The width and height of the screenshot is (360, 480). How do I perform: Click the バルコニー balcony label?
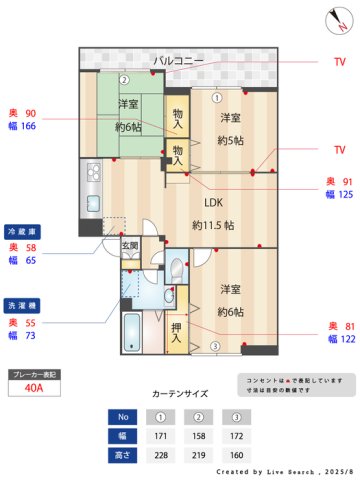(x=179, y=61)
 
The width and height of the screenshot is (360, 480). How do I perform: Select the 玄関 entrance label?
(x=130, y=244)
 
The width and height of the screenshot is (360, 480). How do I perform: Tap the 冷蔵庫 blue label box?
(x=25, y=230)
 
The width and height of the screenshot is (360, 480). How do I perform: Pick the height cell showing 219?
(x=199, y=455)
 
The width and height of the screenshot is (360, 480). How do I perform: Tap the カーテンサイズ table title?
(x=180, y=394)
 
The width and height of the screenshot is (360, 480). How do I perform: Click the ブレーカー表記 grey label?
(x=34, y=374)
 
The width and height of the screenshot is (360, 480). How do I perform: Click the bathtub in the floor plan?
(x=131, y=329)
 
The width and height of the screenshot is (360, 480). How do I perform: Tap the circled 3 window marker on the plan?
(x=214, y=346)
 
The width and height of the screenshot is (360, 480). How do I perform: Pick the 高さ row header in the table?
(x=121, y=455)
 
